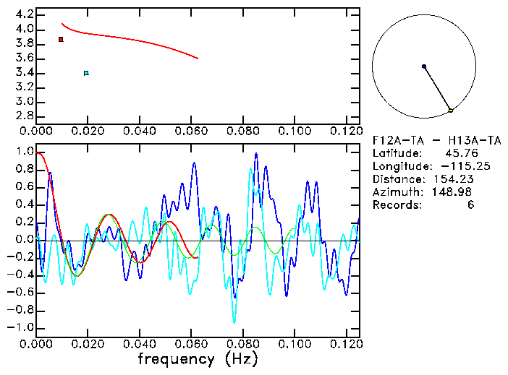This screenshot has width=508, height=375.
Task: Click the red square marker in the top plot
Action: tap(61, 39)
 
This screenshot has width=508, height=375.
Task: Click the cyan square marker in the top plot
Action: tap(86, 73)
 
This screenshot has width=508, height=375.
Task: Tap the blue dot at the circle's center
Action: tap(424, 66)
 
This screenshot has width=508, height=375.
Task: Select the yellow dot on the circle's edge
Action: tap(450, 111)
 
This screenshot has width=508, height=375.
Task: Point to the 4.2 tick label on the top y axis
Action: tap(24, 14)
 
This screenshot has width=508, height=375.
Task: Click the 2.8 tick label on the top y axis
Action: tap(24, 117)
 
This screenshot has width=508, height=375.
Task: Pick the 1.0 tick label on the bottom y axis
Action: tap(24, 152)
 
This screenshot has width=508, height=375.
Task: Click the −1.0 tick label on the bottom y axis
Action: tap(22, 327)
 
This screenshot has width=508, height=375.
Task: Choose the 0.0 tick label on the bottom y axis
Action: tap(24, 239)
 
